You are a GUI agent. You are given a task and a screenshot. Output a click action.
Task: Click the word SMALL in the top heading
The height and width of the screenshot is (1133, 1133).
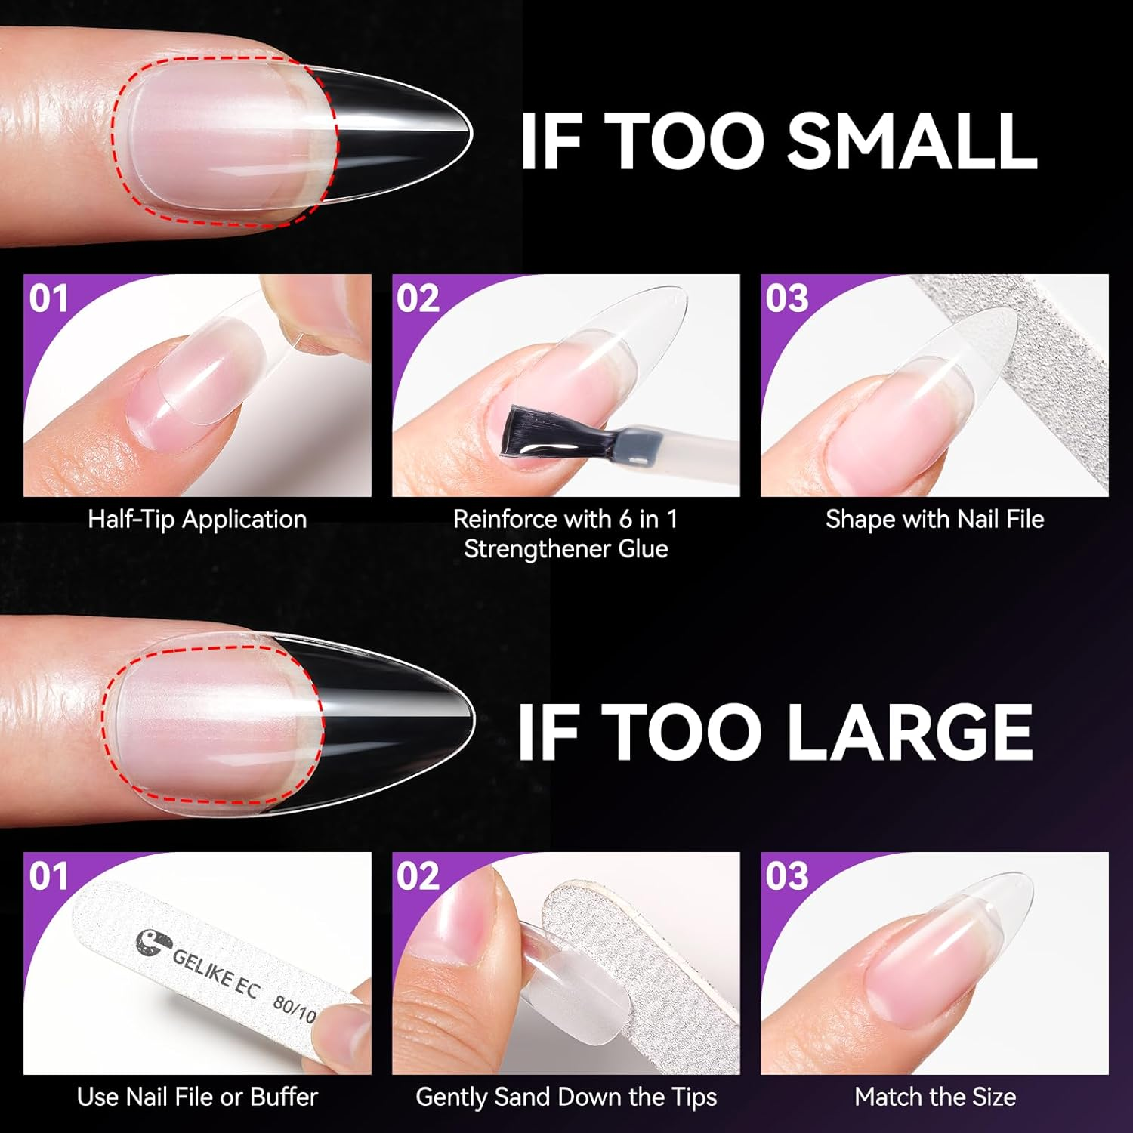[912, 142]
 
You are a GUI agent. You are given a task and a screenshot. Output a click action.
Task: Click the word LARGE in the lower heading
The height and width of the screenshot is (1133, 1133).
[912, 732]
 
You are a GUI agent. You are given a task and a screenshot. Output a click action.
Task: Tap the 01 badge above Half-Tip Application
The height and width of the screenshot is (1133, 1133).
[49, 298]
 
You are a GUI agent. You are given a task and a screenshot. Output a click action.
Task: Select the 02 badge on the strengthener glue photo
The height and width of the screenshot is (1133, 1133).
[418, 298]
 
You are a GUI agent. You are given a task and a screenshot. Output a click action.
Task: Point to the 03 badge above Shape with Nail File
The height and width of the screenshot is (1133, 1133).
[786, 298]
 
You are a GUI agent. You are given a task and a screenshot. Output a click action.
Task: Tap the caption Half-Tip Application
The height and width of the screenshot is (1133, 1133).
[197, 520]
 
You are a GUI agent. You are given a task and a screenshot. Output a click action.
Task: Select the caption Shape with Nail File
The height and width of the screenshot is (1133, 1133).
[934, 520]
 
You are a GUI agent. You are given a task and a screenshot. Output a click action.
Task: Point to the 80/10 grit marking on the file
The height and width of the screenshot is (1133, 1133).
[295, 1009]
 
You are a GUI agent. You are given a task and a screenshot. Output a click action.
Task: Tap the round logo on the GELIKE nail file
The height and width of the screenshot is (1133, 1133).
[148, 944]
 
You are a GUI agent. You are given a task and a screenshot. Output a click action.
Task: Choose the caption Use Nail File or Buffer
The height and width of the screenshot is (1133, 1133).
[197, 1097]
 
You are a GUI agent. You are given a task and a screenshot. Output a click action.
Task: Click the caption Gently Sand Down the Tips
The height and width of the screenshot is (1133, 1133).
[566, 1097]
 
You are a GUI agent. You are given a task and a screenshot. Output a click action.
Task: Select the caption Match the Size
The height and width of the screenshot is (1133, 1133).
[934, 1097]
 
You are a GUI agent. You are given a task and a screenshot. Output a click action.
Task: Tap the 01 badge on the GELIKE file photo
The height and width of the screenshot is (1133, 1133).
[49, 876]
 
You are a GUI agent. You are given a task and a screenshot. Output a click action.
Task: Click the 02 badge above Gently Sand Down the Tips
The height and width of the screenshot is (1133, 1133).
[418, 876]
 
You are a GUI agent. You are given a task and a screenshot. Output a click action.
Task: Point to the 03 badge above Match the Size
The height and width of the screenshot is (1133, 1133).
[786, 876]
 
